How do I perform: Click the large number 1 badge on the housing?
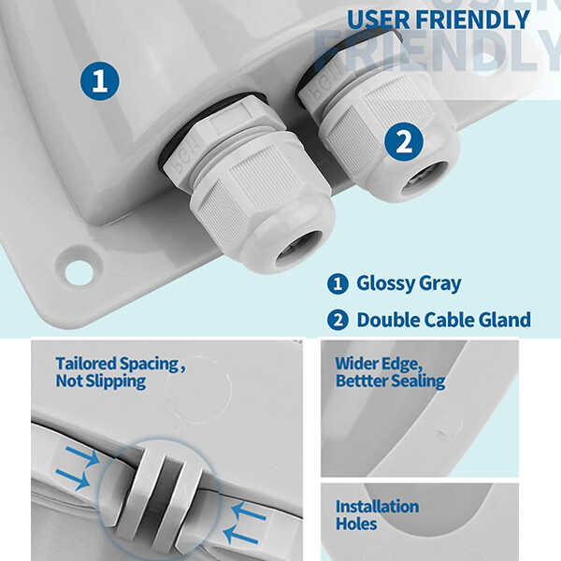point(100,81)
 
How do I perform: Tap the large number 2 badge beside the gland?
point(403,142)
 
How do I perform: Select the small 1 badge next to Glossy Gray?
point(337,283)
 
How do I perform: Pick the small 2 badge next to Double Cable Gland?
point(337,321)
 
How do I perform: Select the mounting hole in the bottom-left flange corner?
point(79,272)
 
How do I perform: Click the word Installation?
point(377,507)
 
